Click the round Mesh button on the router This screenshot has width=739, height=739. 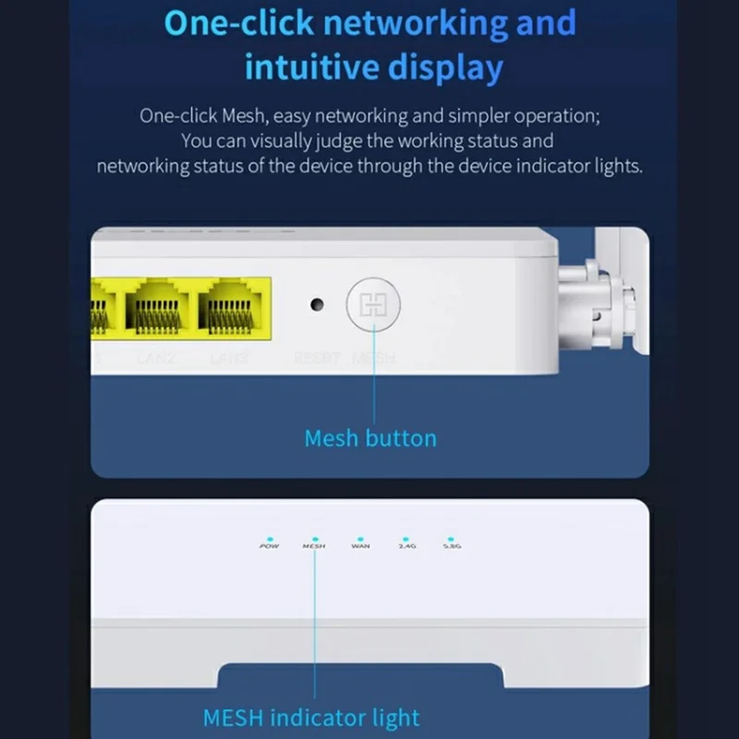point(373,306)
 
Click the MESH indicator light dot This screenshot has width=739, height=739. point(314,537)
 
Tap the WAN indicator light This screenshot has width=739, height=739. point(360,537)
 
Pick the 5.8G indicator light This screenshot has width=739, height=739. point(451,537)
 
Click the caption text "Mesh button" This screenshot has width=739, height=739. point(369,438)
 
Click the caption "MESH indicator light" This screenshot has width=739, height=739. point(310,718)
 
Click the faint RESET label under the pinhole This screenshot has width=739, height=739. point(317,357)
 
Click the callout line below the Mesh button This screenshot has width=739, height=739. point(373,388)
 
